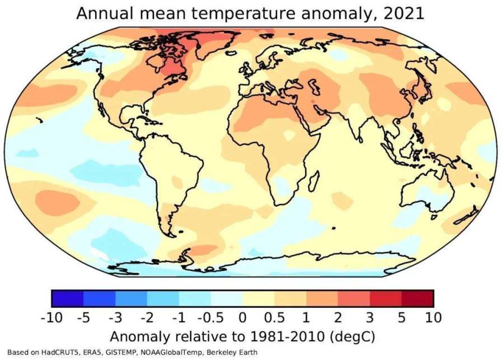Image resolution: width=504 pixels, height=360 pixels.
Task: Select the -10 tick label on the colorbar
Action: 52,318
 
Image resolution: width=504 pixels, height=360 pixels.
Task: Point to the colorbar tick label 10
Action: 432,318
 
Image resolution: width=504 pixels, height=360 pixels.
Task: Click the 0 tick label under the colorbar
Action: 242,318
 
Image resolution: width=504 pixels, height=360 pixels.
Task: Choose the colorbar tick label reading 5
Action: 402,318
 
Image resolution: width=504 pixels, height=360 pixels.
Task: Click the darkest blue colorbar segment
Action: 67,298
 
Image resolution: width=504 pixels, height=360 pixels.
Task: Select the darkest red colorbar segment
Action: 417,298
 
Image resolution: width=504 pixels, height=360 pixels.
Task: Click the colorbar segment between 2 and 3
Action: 354,298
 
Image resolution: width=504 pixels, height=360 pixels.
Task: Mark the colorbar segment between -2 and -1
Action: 163,298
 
